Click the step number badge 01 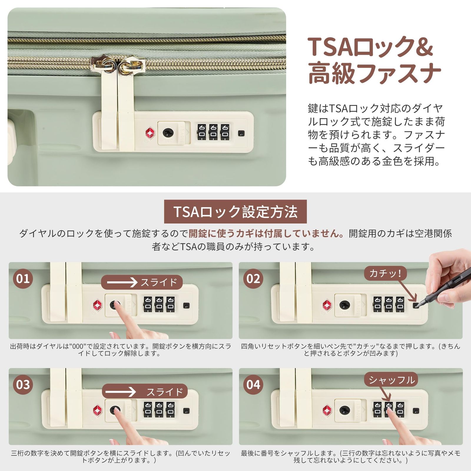23,278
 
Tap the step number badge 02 253,278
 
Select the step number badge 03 23,384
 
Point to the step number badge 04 253,384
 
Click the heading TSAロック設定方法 235,212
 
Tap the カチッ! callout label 385,273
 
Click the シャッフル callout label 391,380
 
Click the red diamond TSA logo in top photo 150,133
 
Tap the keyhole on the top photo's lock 168,133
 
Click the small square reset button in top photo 241,133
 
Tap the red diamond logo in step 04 327,410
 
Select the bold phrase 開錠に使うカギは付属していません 266,233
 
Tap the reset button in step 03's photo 186,411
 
